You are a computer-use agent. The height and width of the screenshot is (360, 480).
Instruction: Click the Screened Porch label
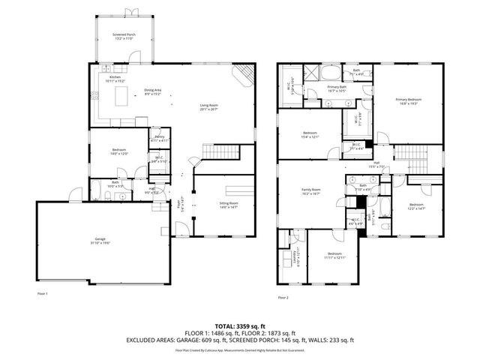click(124, 36)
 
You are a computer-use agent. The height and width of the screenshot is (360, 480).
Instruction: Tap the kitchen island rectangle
click(123, 97)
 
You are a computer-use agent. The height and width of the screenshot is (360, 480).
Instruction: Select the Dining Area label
click(153, 91)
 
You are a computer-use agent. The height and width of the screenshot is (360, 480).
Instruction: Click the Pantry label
click(159, 138)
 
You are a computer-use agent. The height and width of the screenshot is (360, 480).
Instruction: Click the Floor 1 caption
click(42, 293)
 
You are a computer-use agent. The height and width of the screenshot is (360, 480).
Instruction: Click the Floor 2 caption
click(282, 298)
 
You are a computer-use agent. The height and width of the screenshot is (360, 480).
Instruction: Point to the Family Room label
click(311, 191)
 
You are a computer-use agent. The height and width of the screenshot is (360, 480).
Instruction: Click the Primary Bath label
click(337, 88)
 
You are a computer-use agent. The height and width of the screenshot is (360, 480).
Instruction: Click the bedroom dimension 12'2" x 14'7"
click(416, 208)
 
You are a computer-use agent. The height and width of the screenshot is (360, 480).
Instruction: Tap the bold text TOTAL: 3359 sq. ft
click(240, 327)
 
